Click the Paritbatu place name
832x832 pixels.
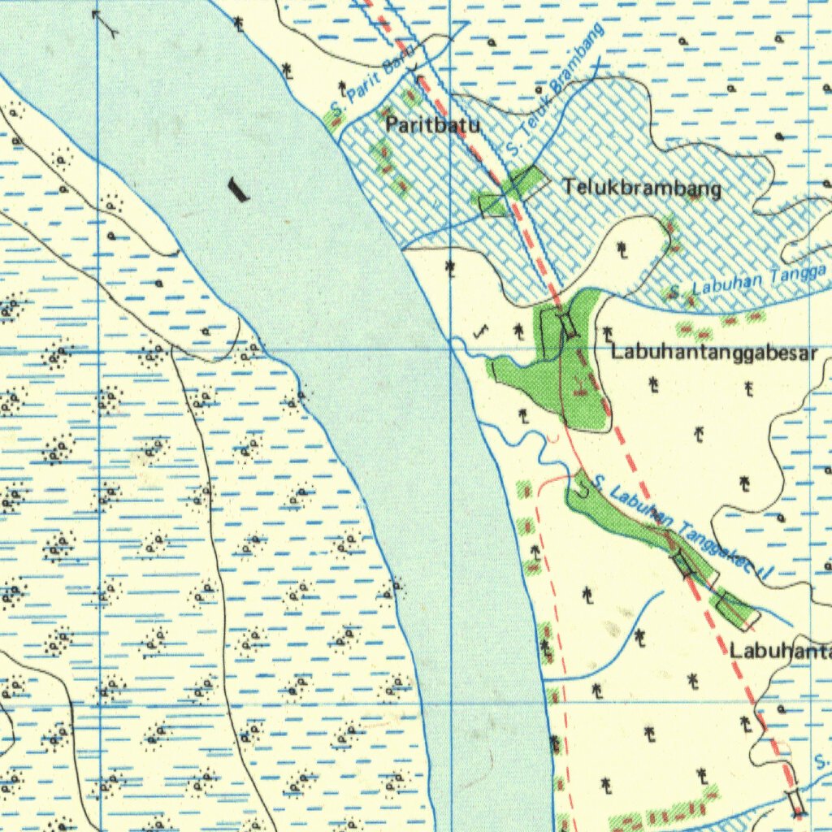click(432, 126)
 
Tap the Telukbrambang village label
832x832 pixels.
click(642, 188)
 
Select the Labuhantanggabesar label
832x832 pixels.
click(713, 353)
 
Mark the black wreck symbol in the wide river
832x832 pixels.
click(237, 189)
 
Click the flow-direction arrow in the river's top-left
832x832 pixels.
click(105, 23)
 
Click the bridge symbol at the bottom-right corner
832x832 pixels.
click(795, 802)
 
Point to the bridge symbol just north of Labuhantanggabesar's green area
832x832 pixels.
click(567, 323)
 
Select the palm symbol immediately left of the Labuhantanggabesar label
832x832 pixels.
click(607, 333)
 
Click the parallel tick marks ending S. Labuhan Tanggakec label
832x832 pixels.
click(764, 573)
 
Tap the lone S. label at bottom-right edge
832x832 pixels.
click(822, 762)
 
